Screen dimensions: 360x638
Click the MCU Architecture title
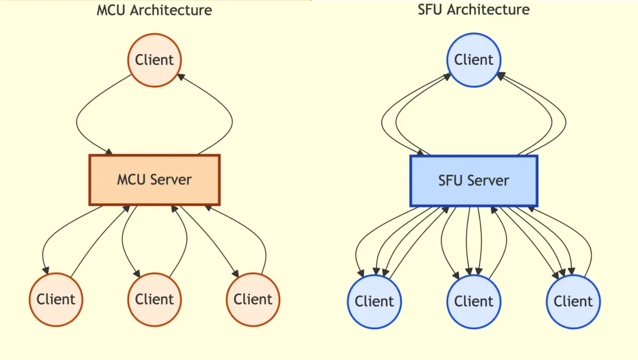click(154, 10)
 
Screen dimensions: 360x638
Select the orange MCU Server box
click(154, 180)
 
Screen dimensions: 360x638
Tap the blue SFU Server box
click(474, 181)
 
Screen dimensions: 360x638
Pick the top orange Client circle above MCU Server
click(154, 60)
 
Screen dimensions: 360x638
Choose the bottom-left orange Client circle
click(56, 299)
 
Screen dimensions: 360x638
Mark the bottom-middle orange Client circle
click(154, 299)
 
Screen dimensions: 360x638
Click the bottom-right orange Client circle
click(253, 299)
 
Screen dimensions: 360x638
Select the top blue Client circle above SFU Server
click(474, 60)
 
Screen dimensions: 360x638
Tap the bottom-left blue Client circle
click(374, 302)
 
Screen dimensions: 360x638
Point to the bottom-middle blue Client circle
click(474, 302)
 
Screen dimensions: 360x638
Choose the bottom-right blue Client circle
click(573, 302)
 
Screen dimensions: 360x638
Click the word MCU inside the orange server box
click(130, 180)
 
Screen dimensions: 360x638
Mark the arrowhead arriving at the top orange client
click(180, 77)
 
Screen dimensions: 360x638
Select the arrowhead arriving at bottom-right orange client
click(236, 273)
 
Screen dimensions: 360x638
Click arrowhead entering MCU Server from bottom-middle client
click(174, 209)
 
